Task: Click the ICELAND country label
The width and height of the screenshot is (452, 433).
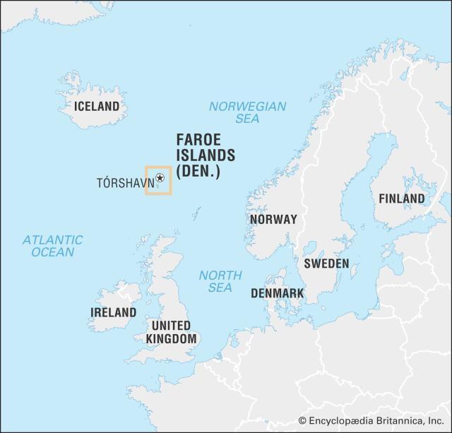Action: pos(97,107)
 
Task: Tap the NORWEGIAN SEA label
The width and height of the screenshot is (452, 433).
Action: pos(247,112)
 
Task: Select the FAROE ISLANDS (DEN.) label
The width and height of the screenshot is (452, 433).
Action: pos(206,155)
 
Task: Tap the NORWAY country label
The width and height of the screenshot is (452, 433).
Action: pos(273,219)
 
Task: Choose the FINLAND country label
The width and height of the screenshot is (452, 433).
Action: pos(402,198)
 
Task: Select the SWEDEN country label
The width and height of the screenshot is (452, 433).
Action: pos(326,263)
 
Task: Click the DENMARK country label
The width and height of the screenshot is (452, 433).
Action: pos(278,293)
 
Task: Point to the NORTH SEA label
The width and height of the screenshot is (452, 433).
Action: pos(220,281)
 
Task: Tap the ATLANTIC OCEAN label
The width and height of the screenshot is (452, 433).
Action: pos(52,246)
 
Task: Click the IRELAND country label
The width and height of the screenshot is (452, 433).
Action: pos(113,312)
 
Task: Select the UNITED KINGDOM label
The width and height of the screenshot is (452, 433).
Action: pos(171,332)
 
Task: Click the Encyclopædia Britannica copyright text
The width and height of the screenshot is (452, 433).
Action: pos(372,421)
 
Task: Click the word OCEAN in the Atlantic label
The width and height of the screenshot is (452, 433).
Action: pos(52,252)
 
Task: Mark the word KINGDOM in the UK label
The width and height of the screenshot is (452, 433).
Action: pos(171,339)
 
